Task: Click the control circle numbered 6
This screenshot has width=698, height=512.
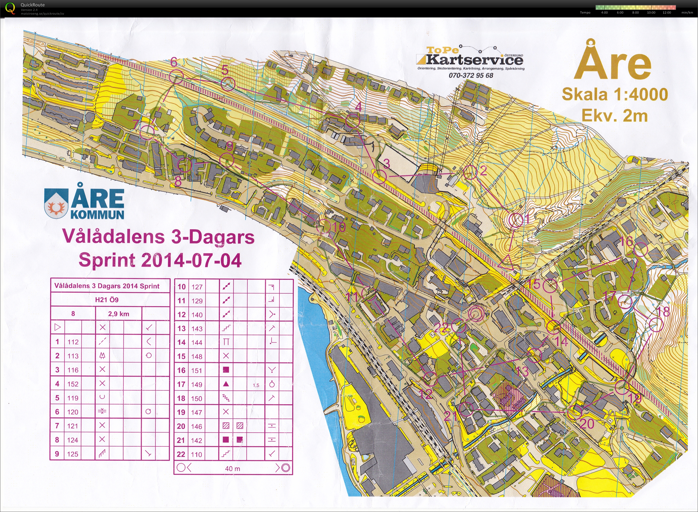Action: [x=176, y=76]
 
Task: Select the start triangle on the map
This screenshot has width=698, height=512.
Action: [x=506, y=262]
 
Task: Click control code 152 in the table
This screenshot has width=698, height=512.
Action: [x=73, y=384]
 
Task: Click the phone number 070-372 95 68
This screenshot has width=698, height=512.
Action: [x=471, y=75]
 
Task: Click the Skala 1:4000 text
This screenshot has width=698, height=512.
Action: [x=615, y=94]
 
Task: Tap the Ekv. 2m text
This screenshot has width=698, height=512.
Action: [x=615, y=116]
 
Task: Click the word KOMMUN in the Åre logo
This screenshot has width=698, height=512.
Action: [x=97, y=214]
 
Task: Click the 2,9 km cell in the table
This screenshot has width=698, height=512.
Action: [x=118, y=314]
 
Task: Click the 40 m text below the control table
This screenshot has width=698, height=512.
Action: [x=232, y=468]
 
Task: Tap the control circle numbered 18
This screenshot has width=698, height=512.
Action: [x=656, y=324]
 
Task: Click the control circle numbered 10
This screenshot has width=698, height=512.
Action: [x=324, y=226]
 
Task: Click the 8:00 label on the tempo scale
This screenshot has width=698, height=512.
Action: [x=635, y=13]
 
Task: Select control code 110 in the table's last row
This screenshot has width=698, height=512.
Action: [x=197, y=454]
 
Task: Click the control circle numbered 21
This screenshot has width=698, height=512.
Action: [x=466, y=409]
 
